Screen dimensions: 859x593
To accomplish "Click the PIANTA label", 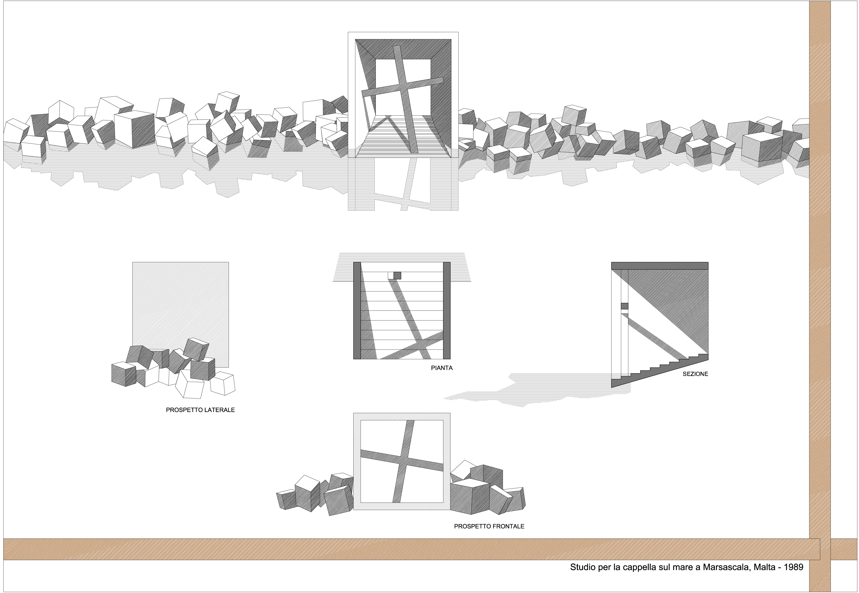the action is [x=442, y=368].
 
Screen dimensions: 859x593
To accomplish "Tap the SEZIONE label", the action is [x=695, y=374].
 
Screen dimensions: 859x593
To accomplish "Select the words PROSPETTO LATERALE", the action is [x=200, y=410].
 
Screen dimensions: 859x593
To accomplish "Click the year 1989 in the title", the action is [x=794, y=567].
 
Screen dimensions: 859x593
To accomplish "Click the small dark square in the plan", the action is [x=397, y=275].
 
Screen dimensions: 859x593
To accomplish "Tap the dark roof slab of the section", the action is [x=659, y=266].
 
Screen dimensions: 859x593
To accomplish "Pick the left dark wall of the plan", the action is [x=357, y=311].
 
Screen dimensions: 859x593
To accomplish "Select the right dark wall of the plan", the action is [x=447, y=311].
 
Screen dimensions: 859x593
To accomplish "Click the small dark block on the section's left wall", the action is [x=624, y=306].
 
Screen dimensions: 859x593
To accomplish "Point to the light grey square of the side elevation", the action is [x=181, y=301].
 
